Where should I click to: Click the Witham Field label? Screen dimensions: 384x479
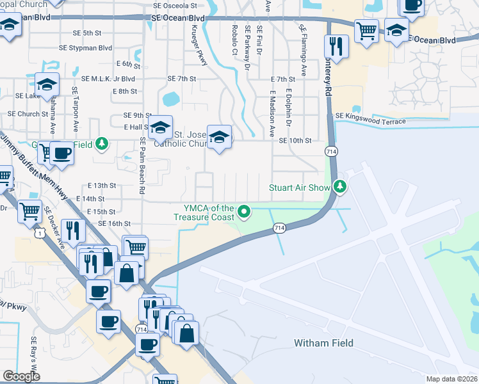click(323, 343)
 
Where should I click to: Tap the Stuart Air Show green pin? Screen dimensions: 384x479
click(341, 187)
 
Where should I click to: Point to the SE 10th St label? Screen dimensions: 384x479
click(295, 140)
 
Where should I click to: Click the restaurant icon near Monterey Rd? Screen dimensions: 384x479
click(333, 45)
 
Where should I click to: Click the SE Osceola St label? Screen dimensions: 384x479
click(175, 5)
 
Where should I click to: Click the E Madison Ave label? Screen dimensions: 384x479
click(272, 113)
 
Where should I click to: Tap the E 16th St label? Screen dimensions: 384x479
click(115, 223)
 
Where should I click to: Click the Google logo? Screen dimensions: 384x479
click(21, 376)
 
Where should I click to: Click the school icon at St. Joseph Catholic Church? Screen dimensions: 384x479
click(220, 137)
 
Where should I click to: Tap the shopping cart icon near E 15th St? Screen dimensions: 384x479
click(30, 211)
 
